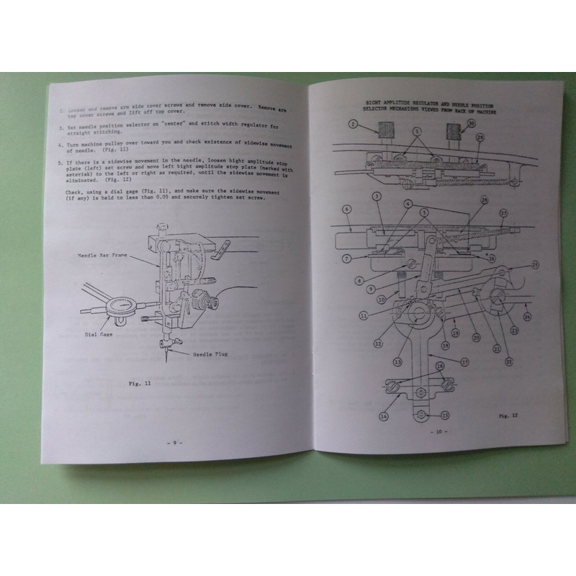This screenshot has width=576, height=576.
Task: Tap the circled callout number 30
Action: click(x=471, y=124)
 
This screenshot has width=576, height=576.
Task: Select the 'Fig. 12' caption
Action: click(x=509, y=415)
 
